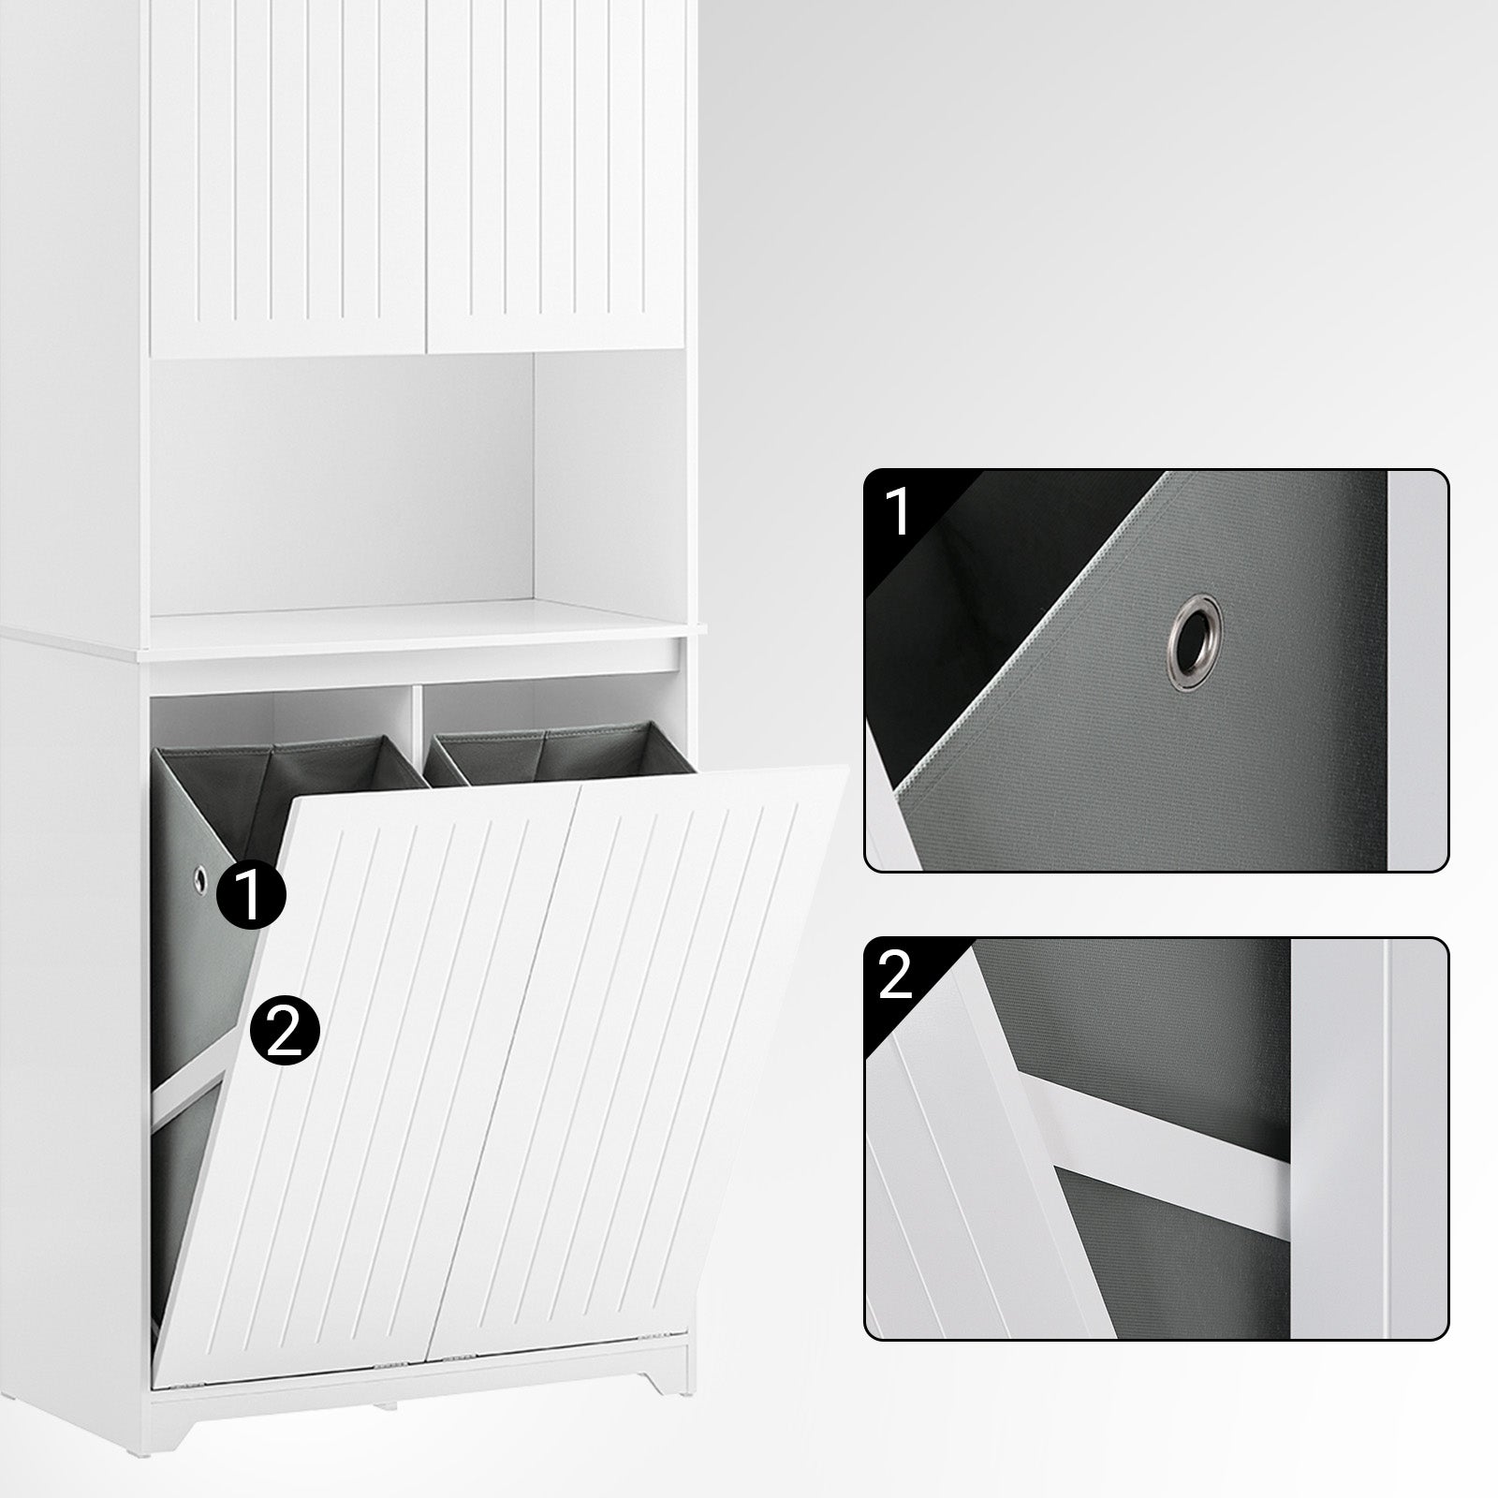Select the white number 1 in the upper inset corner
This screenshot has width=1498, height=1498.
[896, 511]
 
